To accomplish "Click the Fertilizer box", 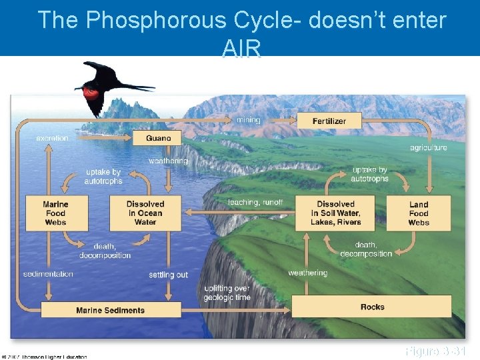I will tap(329, 121).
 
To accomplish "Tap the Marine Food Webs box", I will tap(55, 213).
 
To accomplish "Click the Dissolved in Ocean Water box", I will tap(145, 213).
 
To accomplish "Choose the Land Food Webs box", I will tap(419, 213).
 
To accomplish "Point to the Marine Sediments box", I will tap(111, 310).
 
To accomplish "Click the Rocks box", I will tap(372, 307).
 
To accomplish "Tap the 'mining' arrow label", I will tap(249, 120).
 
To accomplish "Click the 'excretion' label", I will tap(52, 138).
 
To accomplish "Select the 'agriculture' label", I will tap(428, 147).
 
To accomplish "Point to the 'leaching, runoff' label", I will tap(255, 202).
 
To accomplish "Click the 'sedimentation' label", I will tap(48, 274).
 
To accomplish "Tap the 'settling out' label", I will tap(168, 275).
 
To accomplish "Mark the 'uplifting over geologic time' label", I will tap(227, 293).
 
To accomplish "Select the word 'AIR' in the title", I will tap(241, 47).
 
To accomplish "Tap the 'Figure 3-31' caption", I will tap(435, 351).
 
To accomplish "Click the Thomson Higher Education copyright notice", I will tap(45, 357).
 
